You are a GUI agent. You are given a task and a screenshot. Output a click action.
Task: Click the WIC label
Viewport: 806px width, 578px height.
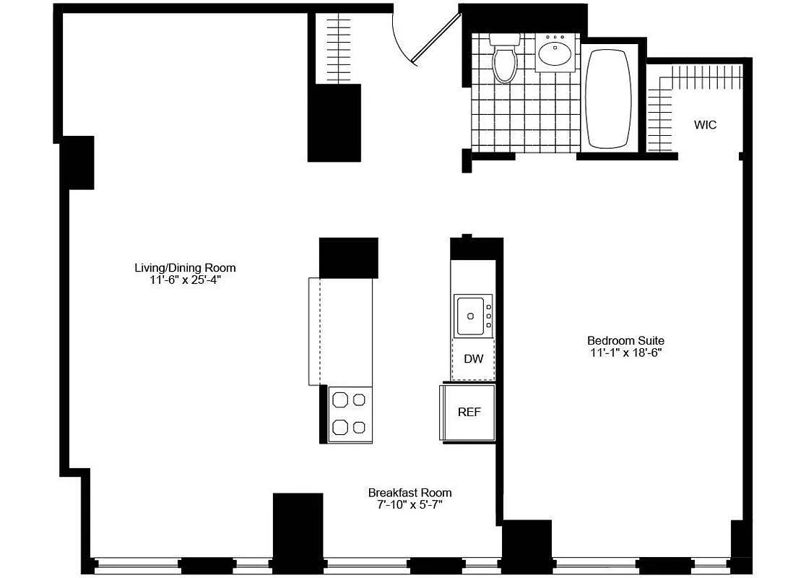tap(705, 125)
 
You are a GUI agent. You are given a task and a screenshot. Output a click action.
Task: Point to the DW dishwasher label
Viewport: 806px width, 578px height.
tap(473, 359)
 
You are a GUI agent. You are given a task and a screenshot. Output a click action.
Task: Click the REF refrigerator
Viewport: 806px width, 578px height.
tap(469, 412)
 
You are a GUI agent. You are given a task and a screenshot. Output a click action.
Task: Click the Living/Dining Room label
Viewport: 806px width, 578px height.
tap(185, 268)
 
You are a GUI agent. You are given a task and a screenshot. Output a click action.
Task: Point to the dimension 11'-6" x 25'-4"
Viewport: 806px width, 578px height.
tap(185, 280)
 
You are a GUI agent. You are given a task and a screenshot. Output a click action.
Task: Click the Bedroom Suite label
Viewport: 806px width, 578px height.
tap(625, 340)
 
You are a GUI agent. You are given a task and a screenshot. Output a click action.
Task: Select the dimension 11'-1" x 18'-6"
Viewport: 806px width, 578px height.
tap(625, 353)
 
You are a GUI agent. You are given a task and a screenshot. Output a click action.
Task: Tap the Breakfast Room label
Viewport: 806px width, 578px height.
tap(409, 493)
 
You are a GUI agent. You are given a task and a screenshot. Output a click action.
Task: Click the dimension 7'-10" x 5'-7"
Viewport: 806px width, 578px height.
tap(409, 505)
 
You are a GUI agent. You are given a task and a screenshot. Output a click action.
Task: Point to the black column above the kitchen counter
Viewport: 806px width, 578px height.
tap(348, 257)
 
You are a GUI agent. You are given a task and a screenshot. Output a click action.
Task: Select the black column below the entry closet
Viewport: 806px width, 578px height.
tap(334, 123)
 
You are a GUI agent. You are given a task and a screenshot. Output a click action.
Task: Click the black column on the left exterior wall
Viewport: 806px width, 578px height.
tap(77, 163)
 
